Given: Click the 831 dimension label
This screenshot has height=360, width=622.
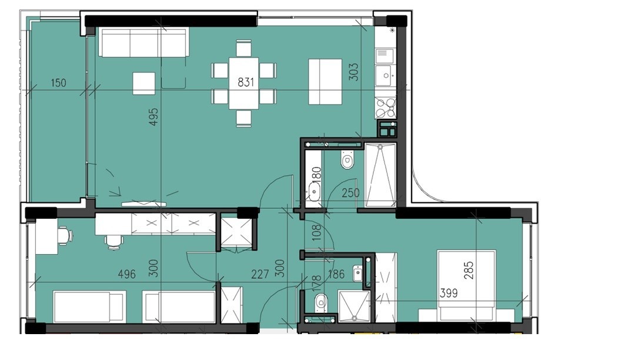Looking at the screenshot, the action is point(246,82).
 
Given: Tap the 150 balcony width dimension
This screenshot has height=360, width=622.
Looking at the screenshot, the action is point(58,83).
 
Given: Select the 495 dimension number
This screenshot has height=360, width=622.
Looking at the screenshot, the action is point(153,116).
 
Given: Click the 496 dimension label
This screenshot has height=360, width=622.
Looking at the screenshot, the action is point(127,274).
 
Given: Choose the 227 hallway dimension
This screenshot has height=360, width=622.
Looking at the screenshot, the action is point(260,274).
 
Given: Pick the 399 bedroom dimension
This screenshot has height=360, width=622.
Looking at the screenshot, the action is point(449,294).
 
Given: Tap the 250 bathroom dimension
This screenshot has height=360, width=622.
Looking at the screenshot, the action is point(350,193).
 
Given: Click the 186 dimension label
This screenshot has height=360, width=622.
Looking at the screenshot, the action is point(336,274).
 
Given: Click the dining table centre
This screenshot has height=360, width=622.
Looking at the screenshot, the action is point(243,83).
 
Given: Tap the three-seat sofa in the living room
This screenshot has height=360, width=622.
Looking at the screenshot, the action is point(143,42).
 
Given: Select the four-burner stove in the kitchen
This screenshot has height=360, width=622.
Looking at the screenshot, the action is point(386,108).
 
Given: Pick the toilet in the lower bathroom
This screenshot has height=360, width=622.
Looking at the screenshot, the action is point(320,304).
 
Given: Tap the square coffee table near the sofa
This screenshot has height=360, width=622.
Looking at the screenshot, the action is point(143,84).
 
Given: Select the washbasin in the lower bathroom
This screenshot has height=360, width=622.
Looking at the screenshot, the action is point(358,273).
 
